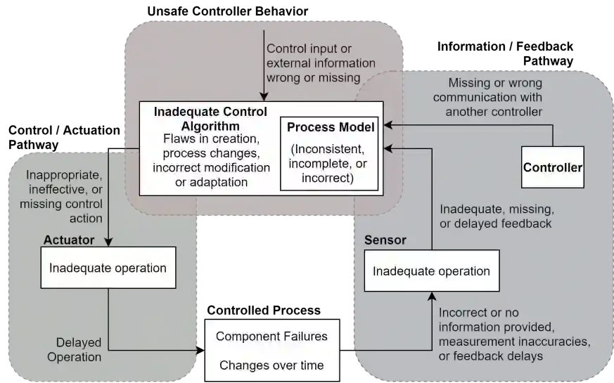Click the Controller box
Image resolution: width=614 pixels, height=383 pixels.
[553, 167]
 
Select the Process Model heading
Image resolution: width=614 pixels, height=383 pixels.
[330, 127]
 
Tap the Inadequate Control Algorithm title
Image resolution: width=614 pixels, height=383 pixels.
[210, 118]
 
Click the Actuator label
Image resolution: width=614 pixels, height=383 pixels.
[69, 240]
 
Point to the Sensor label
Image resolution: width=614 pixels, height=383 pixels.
[385, 240]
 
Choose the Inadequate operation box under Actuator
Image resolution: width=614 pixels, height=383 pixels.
[108, 268]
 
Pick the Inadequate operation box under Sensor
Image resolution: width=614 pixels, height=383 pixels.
[431, 271]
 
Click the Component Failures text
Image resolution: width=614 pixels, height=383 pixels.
[271, 336]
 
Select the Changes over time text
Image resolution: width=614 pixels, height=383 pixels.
[271, 365]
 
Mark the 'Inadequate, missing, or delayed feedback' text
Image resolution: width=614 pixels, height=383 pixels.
[497, 216]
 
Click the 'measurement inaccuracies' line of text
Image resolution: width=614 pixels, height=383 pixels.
[514, 342]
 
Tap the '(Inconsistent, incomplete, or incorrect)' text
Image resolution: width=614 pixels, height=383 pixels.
[329, 163]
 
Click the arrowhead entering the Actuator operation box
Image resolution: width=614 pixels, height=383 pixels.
[108, 242]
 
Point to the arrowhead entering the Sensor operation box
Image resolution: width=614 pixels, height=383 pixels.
[431, 295]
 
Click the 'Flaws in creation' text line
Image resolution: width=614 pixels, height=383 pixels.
[210, 140]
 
